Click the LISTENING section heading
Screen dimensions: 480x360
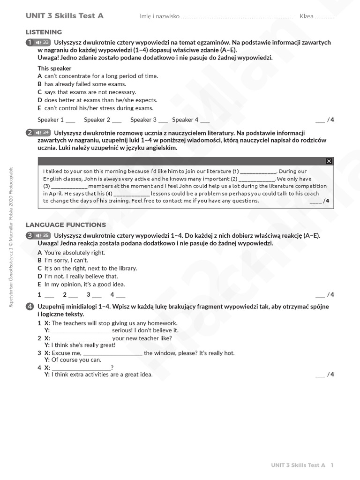pos(44,32)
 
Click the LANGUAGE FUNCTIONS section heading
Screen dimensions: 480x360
pos(66,225)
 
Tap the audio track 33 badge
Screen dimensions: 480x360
pos(43,43)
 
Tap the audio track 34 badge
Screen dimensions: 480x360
pos(43,133)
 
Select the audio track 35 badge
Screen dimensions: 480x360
pos(43,235)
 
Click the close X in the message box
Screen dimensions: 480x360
pos(329,161)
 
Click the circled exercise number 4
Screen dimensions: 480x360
pos(30,307)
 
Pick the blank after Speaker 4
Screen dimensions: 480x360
pos(205,120)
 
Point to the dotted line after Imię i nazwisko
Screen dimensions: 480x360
pos(237,17)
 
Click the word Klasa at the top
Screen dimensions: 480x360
pos(307,16)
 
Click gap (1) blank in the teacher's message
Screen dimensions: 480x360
pos(258,172)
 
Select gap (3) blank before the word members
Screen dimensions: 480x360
pos(69,187)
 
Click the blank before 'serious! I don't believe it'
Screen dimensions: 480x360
pos(81,330)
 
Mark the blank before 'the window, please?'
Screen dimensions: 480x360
pos(112,353)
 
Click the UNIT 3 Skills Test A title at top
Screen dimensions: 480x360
pos(65,16)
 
